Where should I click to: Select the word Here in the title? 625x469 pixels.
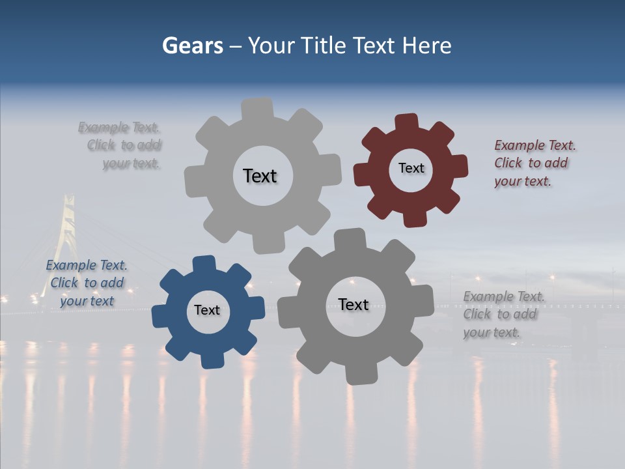tap(426, 46)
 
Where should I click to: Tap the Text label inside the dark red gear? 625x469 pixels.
tap(411, 168)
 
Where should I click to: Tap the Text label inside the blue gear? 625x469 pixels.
tap(207, 310)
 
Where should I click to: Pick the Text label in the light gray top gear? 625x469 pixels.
tap(260, 176)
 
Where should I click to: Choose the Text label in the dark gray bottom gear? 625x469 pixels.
tap(354, 304)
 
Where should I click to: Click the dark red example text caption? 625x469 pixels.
tap(531, 163)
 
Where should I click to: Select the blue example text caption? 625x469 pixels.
tap(87, 283)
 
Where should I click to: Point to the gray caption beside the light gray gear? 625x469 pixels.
tap(121, 145)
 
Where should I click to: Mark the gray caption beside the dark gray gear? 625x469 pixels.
tap(501, 314)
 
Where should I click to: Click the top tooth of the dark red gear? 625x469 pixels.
tap(407, 122)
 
